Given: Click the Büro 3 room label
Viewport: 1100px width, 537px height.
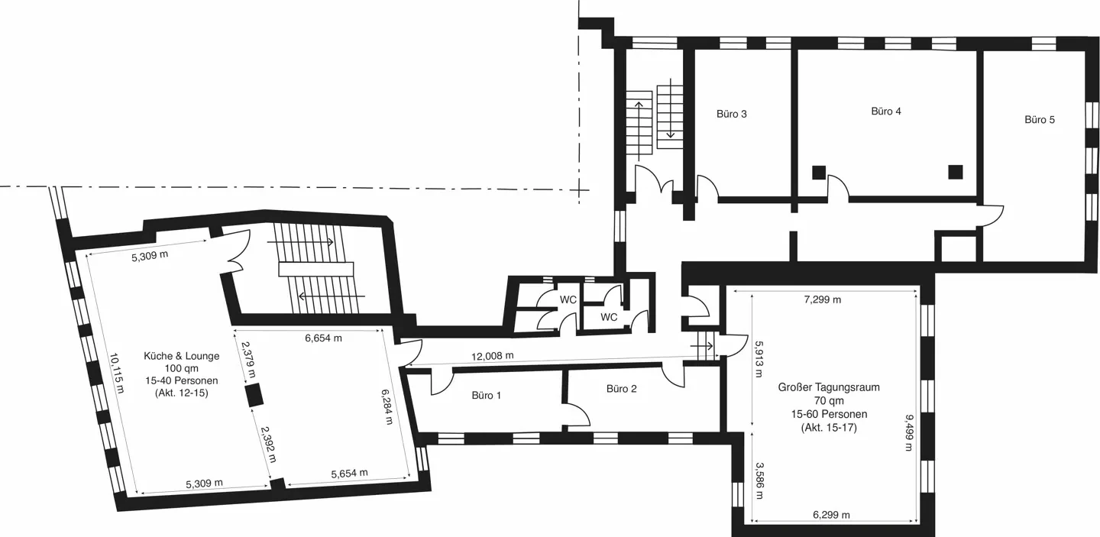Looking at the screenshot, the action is coord(731,114).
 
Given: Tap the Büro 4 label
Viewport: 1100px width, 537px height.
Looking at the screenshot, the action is coord(886,112).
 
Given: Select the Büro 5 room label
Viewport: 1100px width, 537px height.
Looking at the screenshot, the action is coord(1039,120).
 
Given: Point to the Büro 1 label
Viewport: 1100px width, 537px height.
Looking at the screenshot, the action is coord(486,395).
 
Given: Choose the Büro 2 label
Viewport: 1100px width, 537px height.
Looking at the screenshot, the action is coord(621,389).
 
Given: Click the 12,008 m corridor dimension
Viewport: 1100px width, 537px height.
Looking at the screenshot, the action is coord(493,355).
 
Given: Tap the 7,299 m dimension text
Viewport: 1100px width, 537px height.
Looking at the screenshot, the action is coord(823,299).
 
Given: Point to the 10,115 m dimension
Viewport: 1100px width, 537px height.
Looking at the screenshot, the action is coord(117,373).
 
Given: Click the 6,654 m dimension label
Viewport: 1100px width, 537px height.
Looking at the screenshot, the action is coord(323,338).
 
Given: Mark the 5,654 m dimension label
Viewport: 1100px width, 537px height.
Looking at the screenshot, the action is coord(349,473).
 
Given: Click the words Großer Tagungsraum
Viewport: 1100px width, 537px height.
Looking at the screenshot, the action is coord(829,387).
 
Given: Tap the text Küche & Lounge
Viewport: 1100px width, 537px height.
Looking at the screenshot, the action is coord(182,356).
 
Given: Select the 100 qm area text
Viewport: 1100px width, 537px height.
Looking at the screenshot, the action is coord(182,368).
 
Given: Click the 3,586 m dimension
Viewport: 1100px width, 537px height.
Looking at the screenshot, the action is coord(759,480).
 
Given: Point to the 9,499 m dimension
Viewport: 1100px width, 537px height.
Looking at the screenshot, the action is coord(909,433).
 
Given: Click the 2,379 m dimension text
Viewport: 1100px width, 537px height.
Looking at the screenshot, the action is coord(248,360).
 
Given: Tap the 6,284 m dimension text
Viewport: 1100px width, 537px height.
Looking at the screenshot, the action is coord(387,407).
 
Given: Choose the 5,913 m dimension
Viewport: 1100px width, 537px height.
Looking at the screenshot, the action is coord(759,359).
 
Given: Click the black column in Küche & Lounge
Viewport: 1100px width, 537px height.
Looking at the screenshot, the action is coord(254,396).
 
